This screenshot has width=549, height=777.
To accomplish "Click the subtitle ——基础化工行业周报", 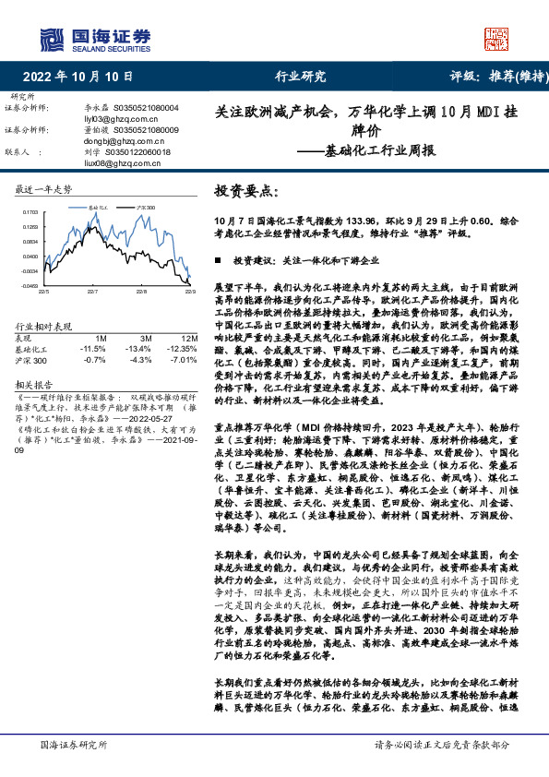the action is click(367, 150).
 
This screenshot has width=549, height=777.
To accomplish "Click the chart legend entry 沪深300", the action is click(146, 209).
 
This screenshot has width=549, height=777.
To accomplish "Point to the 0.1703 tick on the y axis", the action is click(30, 212).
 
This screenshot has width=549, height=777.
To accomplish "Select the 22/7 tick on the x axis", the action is click(91, 291).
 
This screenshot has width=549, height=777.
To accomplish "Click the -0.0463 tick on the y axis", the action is click(30, 286).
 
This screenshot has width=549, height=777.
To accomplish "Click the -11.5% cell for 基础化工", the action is click(93, 349).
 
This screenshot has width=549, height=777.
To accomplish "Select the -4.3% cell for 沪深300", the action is click(139, 359).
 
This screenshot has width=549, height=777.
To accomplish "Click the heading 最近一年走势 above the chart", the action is click(44, 188).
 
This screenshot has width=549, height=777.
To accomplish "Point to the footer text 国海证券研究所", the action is click(75, 744).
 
